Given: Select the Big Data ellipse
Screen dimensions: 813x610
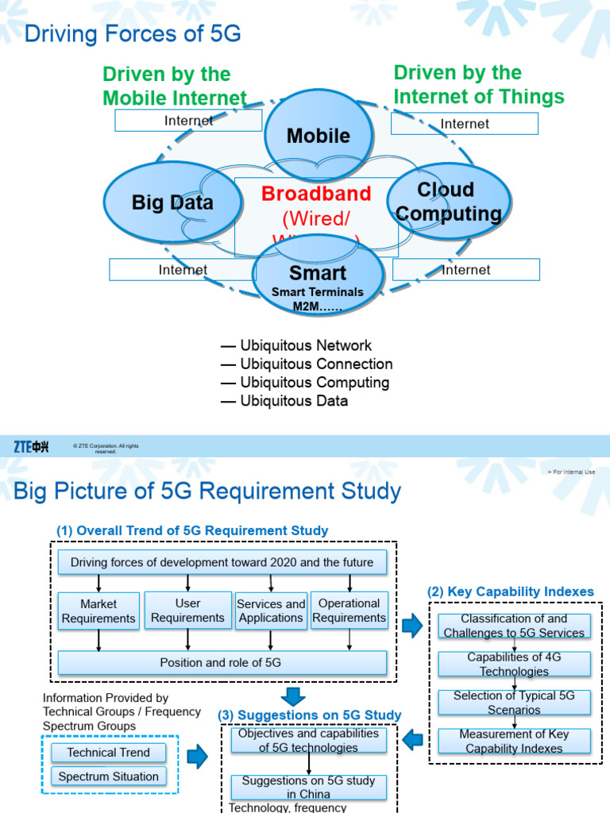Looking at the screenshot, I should pyautogui.click(x=172, y=202).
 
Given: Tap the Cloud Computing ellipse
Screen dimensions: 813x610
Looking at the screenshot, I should pyautogui.click(x=449, y=202).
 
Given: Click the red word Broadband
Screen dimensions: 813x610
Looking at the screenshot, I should pyautogui.click(x=316, y=194).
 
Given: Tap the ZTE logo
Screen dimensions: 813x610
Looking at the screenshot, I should pyautogui.click(x=32, y=447).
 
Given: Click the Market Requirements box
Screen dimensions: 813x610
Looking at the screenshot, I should pyautogui.click(x=98, y=611).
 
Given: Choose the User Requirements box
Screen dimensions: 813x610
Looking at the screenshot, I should pyautogui.click(x=187, y=611).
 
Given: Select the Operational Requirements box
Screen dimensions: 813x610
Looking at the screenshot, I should pyautogui.click(x=349, y=611).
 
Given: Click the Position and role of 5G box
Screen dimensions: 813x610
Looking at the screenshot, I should pyautogui.click(x=222, y=663).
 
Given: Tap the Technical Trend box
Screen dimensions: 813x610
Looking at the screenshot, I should pyautogui.click(x=109, y=752).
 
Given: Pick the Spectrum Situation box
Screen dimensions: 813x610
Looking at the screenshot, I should pyautogui.click(x=109, y=776).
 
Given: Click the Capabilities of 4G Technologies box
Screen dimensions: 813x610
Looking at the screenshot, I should pyautogui.click(x=515, y=665).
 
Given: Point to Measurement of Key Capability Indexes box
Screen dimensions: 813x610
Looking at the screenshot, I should pyautogui.click(x=515, y=741).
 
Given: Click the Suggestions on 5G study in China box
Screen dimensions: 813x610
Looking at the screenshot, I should pyautogui.click(x=309, y=787).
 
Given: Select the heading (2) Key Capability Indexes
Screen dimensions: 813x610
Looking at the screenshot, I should pyautogui.click(x=510, y=591).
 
